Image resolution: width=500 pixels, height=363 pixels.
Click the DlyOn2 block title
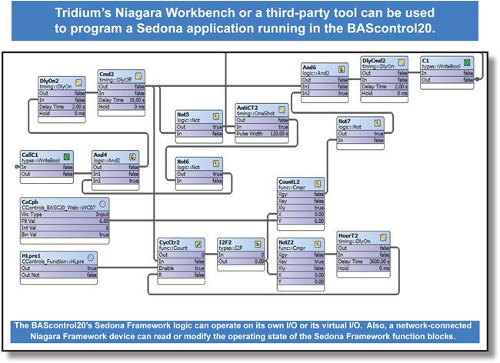[x=50, y=79]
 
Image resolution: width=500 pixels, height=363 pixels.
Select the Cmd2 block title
[x=107, y=75]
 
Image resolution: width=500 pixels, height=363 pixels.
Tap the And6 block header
[x=310, y=68]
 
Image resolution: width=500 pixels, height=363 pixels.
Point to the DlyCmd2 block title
[x=373, y=60]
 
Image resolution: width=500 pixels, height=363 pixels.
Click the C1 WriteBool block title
[x=425, y=60]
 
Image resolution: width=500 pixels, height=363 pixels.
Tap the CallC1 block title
[x=32, y=155]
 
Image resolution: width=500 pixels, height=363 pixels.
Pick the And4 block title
[x=102, y=155]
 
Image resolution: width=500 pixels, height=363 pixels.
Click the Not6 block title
[x=183, y=162]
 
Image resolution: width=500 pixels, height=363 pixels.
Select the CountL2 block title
[x=290, y=181]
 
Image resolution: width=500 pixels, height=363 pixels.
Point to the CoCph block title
[x=31, y=201]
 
